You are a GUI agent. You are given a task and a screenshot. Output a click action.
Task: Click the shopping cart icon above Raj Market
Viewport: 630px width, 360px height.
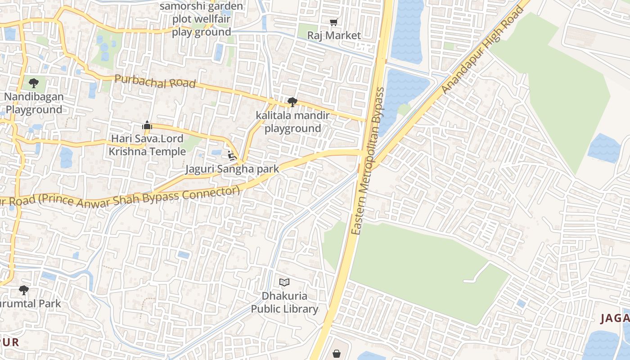pyautogui.click(x=333, y=22)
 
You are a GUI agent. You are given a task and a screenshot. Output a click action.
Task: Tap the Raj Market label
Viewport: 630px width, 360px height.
pyautogui.click(x=334, y=35)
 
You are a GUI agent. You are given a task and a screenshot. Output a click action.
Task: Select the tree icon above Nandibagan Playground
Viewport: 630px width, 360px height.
pyautogui.click(x=33, y=83)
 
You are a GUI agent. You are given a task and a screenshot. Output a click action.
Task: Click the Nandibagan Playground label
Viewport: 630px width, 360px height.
pyautogui.click(x=34, y=103)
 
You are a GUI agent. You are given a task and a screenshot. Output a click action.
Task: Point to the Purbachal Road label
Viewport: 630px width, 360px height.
pyautogui.click(x=155, y=81)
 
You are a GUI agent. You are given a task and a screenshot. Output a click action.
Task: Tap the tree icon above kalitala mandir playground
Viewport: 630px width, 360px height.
pyautogui.click(x=292, y=102)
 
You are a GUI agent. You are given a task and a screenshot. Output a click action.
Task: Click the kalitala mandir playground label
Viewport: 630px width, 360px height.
pyautogui.click(x=292, y=122)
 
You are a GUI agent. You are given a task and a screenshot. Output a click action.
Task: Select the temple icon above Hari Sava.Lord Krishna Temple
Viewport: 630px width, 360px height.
pyautogui.click(x=147, y=126)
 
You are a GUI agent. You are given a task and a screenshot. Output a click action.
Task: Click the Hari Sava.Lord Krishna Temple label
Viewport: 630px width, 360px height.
pyautogui.click(x=147, y=145)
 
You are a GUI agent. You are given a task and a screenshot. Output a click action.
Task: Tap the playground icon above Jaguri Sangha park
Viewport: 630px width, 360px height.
pyautogui.click(x=232, y=156)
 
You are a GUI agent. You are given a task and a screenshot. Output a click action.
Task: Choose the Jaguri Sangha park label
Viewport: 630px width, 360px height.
pyautogui.click(x=232, y=169)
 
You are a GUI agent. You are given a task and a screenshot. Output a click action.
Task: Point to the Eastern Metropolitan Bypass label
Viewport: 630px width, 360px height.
pyautogui.click(x=368, y=161)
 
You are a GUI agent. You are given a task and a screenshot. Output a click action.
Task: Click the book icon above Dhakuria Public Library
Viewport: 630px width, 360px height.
pyautogui.click(x=284, y=283)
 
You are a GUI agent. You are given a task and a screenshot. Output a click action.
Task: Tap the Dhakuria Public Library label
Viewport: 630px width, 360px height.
pyautogui.click(x=284, y=302)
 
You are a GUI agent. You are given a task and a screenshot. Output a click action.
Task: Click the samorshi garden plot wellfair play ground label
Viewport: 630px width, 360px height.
pyautogui.click(x=201, y=19)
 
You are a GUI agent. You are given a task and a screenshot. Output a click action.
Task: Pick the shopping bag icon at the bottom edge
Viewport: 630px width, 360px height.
pyautogui.click(x=337, y=354)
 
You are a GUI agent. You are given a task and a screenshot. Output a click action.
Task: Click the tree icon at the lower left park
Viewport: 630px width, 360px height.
pyautogui.click(x=24, y=290)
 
